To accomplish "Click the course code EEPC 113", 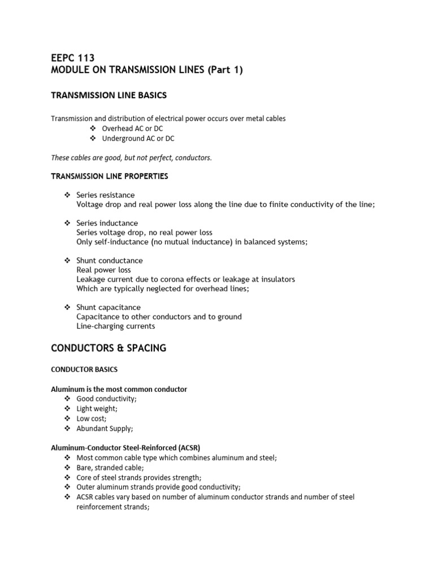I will pyautogui.click(x=73, y=58).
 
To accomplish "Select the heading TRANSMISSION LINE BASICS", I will pyautogui.click(x=109, y=96).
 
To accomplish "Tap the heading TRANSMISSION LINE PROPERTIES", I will pyautogui.click(x=110, y=176).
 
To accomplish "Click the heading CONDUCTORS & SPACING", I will pyautogui.click(x=108, y=348).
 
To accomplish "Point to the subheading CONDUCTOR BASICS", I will pyautogui.click(x=84, y=370).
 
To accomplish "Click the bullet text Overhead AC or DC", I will pyautogui.click(x=132, y=129).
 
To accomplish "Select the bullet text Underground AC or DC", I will pyautogui.click(x=138, y=139).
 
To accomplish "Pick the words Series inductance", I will pyautogui.click(x=107, y=223).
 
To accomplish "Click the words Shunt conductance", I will pyautogui.click(x=110, y=261).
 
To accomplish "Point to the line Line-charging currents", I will pyautogui.click(x=116, y=326).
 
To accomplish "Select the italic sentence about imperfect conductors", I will pyautogui.click(x=132, y=158).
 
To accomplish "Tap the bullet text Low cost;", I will pyautogui.click(x=92, y=419).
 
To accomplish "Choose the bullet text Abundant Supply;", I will pyautogui.click(x=105, y=429).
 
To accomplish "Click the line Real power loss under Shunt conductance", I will pyautogui.click(x=104, y=270).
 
